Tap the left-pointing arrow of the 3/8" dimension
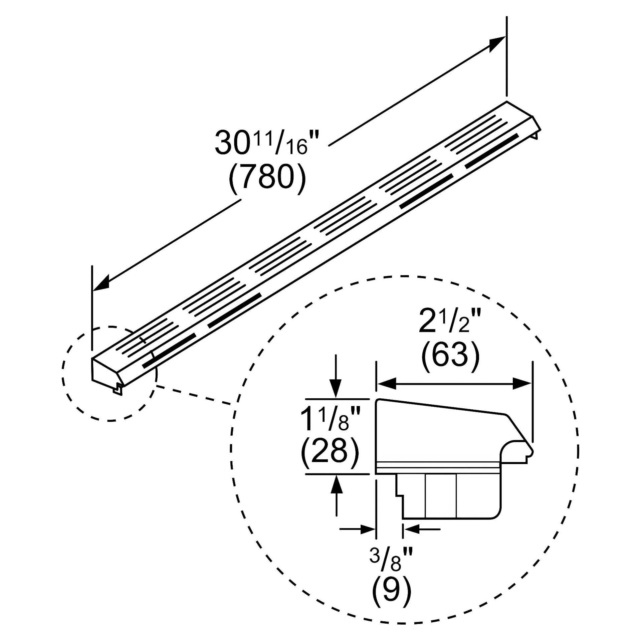point(411,529)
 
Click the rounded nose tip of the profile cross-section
point(532,453)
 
